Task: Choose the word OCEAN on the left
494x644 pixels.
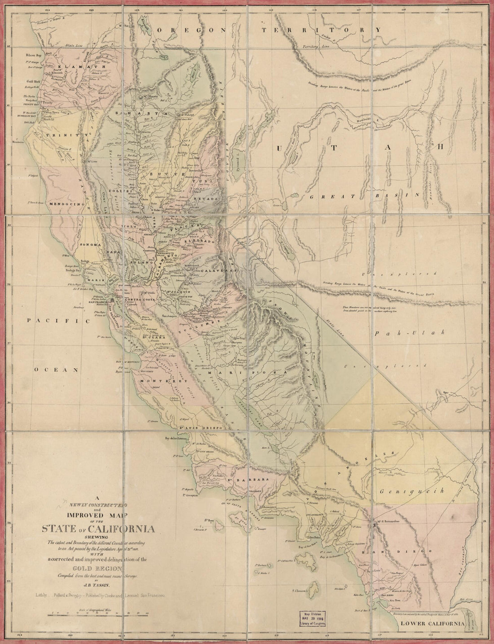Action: coord(57,370)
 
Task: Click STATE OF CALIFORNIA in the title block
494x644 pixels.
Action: coord(99,529)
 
